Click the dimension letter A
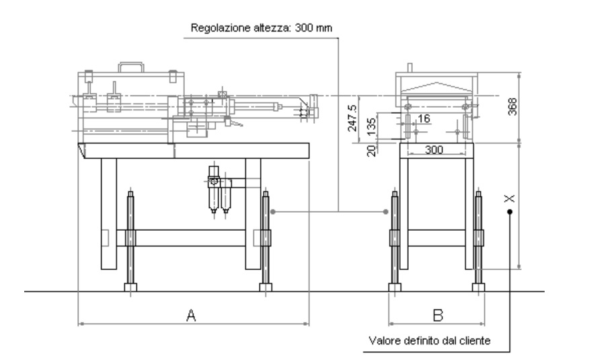click(191, 315)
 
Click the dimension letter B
click(438, 315)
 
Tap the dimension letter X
click(510, 199)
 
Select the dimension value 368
click(512, 107)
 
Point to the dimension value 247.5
click(352, 118)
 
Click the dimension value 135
click(371, 127)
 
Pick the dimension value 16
click(424, 118)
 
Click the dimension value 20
click(371, 151)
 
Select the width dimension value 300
click(434, 149)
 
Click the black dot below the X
click(510, 212)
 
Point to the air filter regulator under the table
click(219, 190)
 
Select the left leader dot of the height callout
click(273, 212)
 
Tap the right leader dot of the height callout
click(386, 212)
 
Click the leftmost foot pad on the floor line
click(130, 287)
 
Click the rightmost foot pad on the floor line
click(478, 287)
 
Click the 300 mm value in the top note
click(313, 28)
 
